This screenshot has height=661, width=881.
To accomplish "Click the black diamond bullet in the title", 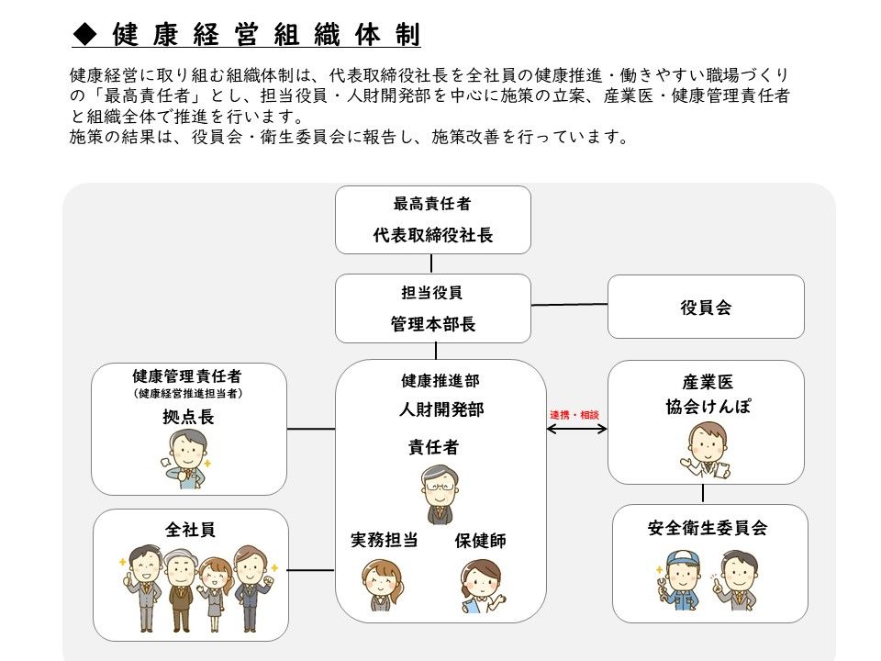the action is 85,34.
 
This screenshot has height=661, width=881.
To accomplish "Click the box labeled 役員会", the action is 706,307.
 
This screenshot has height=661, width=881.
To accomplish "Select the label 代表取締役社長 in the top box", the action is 432,235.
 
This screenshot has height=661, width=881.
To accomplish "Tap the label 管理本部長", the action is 432,324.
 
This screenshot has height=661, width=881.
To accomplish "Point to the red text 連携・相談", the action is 574,415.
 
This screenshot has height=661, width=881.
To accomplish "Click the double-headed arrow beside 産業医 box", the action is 576,429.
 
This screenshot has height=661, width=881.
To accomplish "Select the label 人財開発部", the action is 441,409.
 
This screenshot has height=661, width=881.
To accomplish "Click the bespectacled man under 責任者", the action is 440,494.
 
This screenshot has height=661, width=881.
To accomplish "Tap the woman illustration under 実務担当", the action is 383,585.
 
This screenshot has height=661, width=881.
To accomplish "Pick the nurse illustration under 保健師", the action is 482,586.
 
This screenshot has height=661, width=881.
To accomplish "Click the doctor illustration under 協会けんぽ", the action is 707,451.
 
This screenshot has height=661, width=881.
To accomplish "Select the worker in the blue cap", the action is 680,580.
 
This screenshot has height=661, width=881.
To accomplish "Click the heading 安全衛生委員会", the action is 708,528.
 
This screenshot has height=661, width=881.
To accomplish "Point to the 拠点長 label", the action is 188,417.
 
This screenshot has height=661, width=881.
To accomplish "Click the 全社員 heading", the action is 191,530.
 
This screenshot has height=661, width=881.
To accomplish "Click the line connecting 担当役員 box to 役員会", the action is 569,305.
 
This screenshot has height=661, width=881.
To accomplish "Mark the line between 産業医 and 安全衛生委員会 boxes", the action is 703,493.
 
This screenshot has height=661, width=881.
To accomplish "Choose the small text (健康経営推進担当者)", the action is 188,394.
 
